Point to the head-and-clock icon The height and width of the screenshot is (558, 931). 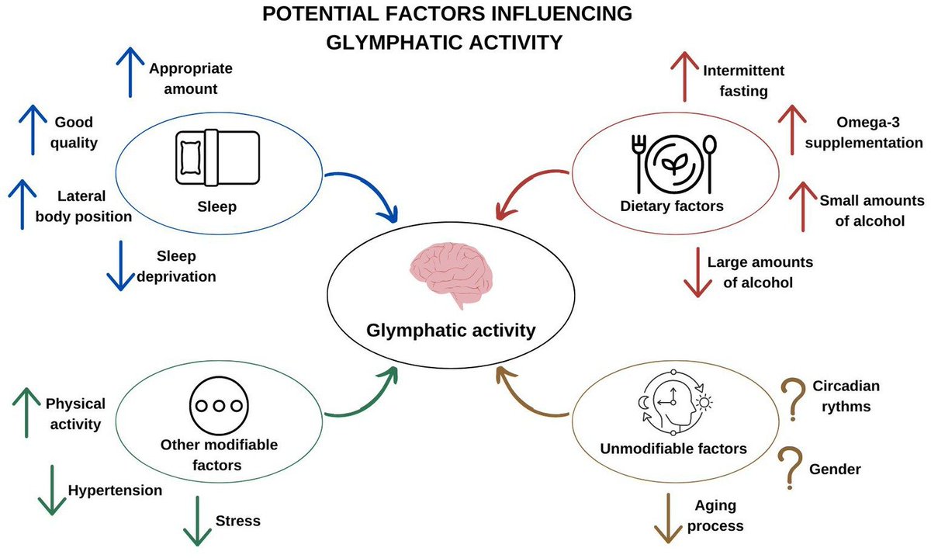click(x=671, y=404)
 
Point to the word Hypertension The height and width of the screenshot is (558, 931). click(x=115, y=490)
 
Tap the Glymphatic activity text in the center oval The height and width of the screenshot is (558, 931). click(x=451, y=331)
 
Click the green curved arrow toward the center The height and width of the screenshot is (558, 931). click(x=365, y=396)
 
